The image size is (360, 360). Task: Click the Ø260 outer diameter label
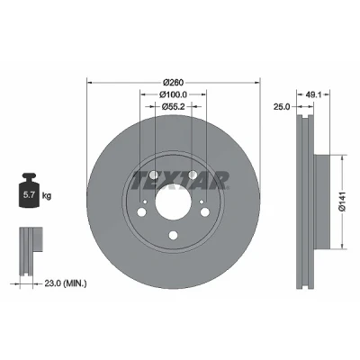[173, 82]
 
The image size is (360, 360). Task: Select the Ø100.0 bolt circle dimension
[173, 94]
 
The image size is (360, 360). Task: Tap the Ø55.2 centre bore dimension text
[173, 106]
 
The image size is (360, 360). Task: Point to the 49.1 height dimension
[313, 94]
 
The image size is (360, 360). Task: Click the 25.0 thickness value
[282, 106]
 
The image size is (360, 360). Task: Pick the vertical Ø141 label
[343, 202]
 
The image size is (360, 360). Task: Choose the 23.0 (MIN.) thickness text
[66, 283]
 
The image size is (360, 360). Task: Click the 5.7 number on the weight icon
[28, 195]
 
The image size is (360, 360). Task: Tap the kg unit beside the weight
[47, 196]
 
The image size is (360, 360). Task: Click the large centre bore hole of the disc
[174, 202]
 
